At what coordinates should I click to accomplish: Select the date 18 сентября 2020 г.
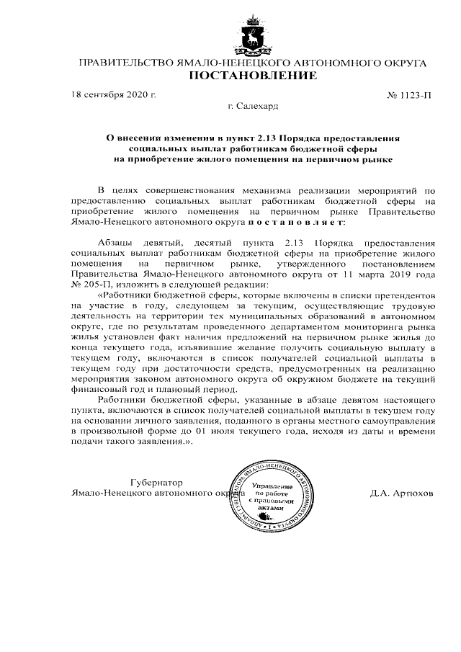[x=114, y=95]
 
